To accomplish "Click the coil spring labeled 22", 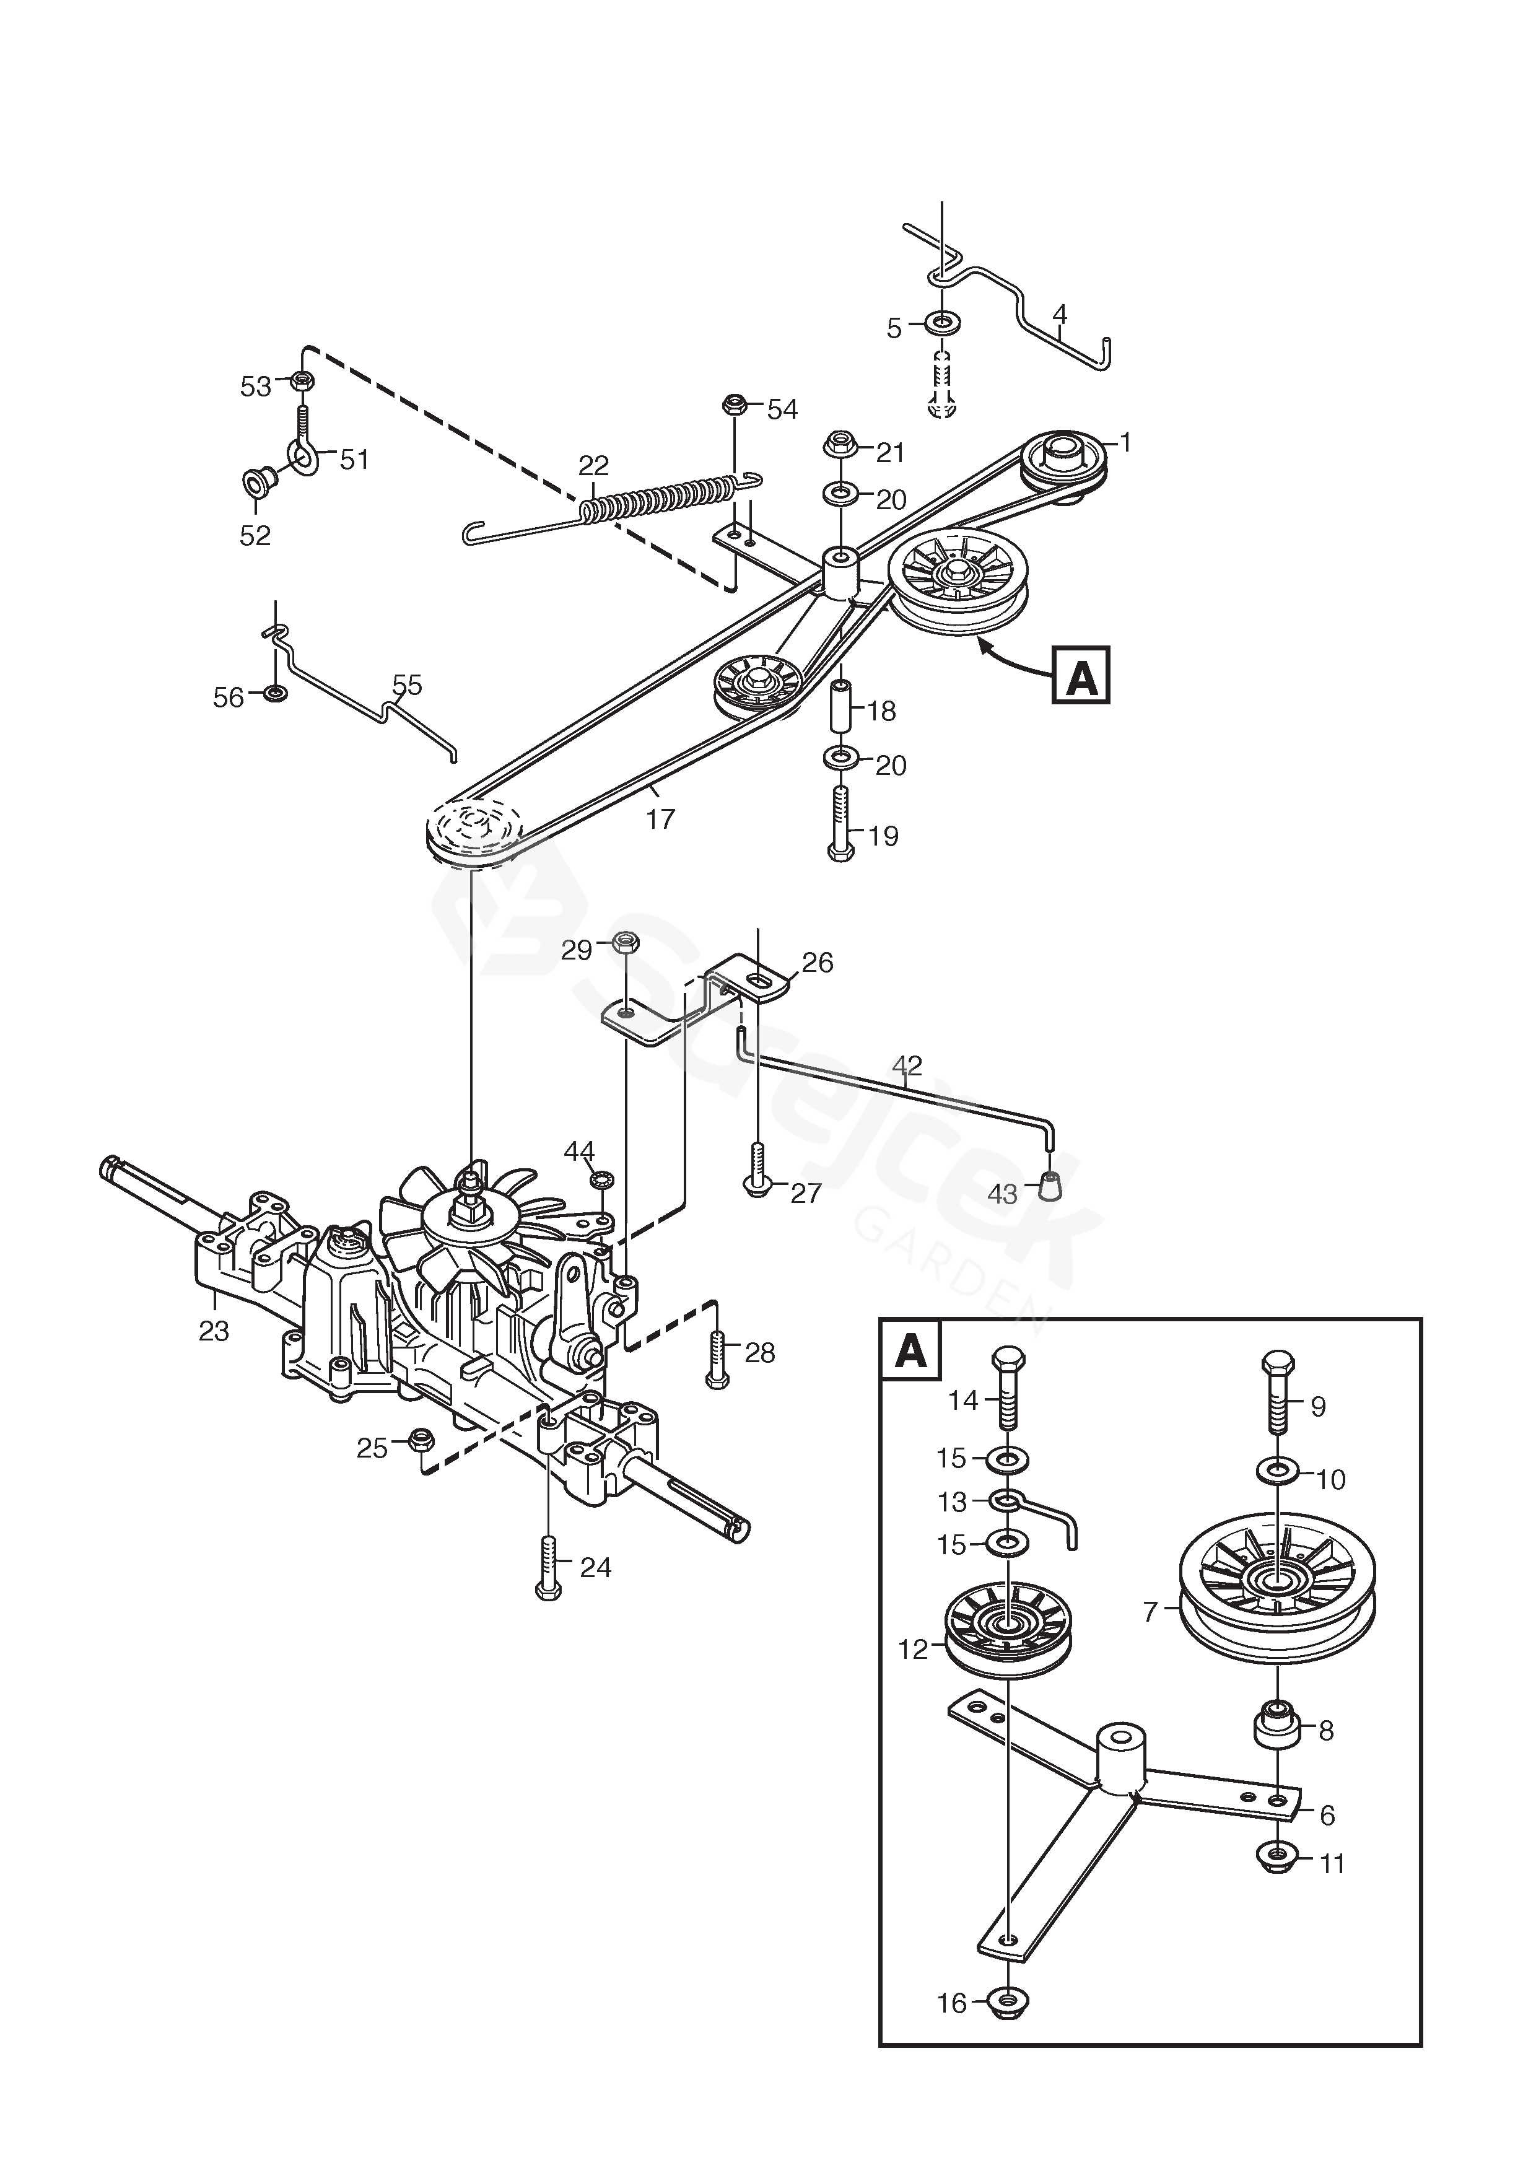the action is (663, 499).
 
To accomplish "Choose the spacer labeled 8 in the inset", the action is (1276, 1730).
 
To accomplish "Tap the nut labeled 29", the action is (626, 943).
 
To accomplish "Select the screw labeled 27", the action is (757, 1172).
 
